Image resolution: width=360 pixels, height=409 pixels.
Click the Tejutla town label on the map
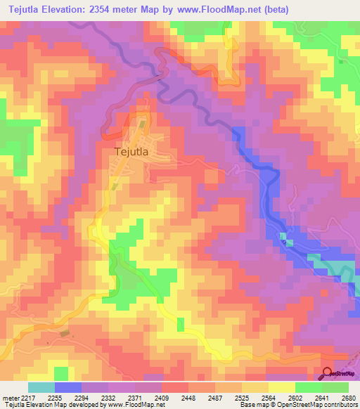pos(134,150)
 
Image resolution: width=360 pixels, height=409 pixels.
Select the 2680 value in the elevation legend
pos(348,396)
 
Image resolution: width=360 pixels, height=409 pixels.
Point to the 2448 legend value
pos(188,396)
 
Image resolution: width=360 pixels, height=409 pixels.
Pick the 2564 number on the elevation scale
pos(268,396)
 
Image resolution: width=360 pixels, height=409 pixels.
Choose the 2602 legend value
pos(295,396)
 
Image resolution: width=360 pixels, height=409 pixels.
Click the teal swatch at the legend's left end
pos(41,387)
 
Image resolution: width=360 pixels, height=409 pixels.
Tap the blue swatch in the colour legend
pos(68,387)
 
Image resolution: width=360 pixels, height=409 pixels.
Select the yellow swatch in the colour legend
pos(281,387)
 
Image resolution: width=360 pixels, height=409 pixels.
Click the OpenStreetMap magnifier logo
pos(328,375)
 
